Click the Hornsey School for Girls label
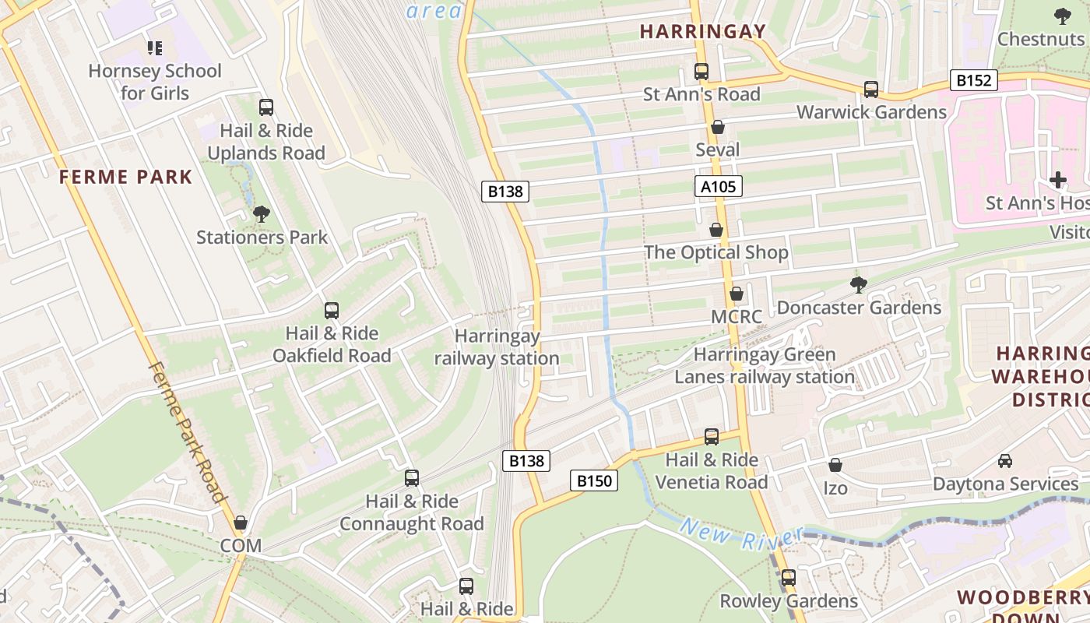click(155, 82)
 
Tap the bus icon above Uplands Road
click(266, 107)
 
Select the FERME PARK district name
click(125, 177)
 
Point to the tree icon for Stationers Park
click(262, 213)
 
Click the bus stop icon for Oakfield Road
click(332, 311)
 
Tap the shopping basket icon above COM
click(241, 523)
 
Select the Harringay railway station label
click(497, 347)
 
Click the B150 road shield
click(594, 480)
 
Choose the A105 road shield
click(718, 186)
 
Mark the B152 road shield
click(973, 80)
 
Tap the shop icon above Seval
click(718, 127)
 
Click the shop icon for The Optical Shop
click(716, 230)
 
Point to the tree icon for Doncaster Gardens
click(859, 285)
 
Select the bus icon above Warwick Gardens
click(871, 90)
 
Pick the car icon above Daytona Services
click(1005, 460)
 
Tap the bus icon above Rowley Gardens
click(789, 578)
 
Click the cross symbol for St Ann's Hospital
click(1057, 180)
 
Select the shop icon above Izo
click(835, 465)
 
